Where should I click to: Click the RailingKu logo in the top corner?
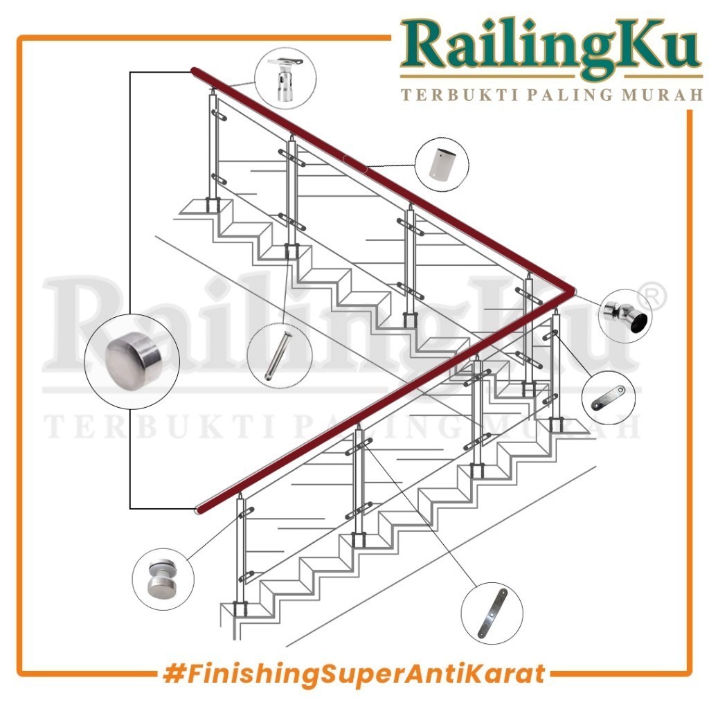tap(551, 60)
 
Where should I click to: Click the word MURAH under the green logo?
tap(663, 95)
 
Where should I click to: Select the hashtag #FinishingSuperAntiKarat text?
tap(354, 674)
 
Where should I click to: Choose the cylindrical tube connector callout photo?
tap(442, 165)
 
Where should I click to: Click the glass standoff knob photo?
tap(163, 579)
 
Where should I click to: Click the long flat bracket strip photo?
tap(492, 613)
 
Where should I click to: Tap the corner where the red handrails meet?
tap(571, 290)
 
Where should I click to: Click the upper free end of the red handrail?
tap(195, 71)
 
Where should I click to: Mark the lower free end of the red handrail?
tap(199, 510)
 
